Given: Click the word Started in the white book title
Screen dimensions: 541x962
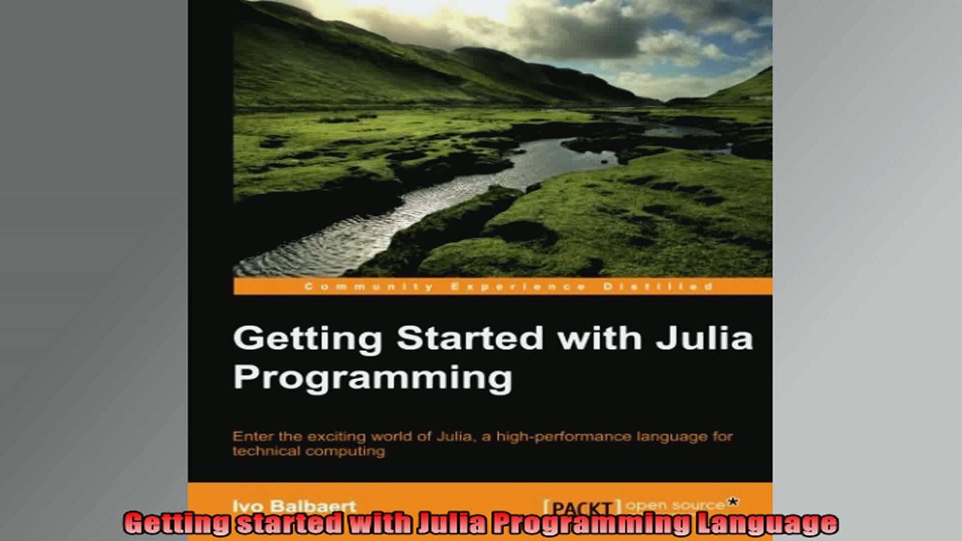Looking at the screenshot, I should [x=469, y=338].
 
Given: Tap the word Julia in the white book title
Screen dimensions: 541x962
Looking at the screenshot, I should [x=704, y=338].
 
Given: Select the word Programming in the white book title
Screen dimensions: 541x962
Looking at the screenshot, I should [x=372, y=377].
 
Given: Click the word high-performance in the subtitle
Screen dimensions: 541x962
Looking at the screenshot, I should [x=575, y=436].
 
